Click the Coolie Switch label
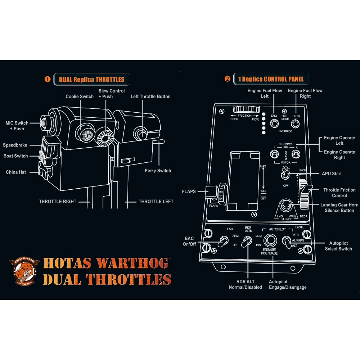pyautogui.click(x=80, y=96)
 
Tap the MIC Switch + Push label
pyautogui.click(x=17, y=126)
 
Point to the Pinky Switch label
pyautogui.click(x=158, y=171)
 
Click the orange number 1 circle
pyautogui.click(x=47, y=79)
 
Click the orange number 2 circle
pyautogui.click(x=227, y=79)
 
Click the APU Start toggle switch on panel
pyautogui.click(x=285, y=175)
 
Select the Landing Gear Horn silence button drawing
pyautogui.click(x=287, y=206)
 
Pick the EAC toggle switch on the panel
pyautogui.click(x=224, y=241)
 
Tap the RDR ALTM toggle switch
pyautogui.click(x=247, y=242)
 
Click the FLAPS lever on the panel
pyautogui.click(x=212, y=192)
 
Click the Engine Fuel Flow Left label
pyautogui.click(x=264, y=93)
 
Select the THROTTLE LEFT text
pyautogui.click(x=156, y=202)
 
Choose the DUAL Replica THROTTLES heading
pyautogui.click(x=91, y=80)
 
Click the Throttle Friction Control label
pyautogui.click(x=339, y=193)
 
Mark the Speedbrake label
pyautogui.click(x=15, y=145)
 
